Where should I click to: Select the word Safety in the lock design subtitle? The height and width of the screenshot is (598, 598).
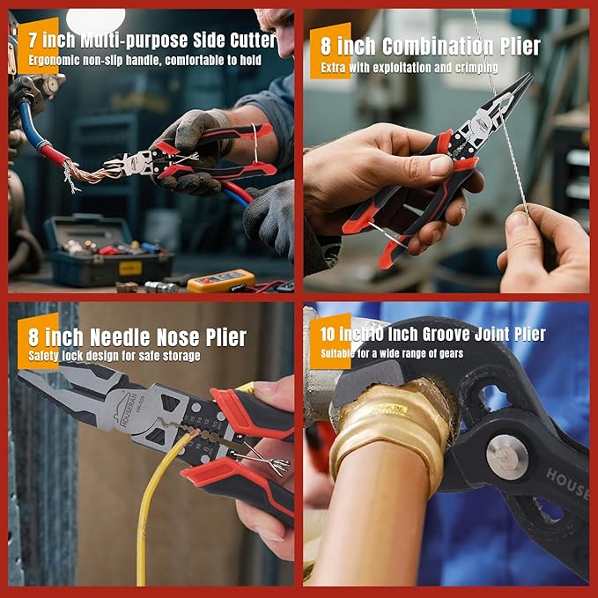point(45,356)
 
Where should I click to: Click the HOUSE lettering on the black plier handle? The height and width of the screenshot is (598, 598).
point(568,481)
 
